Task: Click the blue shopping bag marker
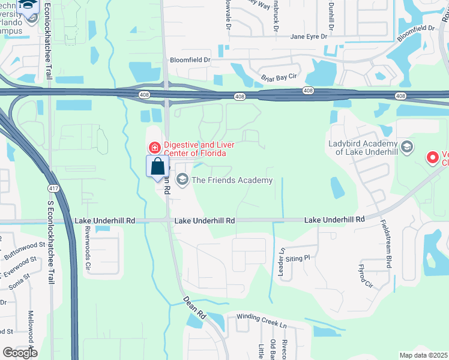(x=157, y=166)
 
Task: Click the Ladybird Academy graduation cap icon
(x=406, y=148)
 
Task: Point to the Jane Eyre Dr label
(x=309, y=37)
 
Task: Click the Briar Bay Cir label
(x=279, y=77)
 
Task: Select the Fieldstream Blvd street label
(x=384, y=242)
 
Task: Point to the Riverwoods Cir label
(x=88, y=247)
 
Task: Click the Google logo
(x=20, y=353)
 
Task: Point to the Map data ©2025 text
(x=423, y=355)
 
